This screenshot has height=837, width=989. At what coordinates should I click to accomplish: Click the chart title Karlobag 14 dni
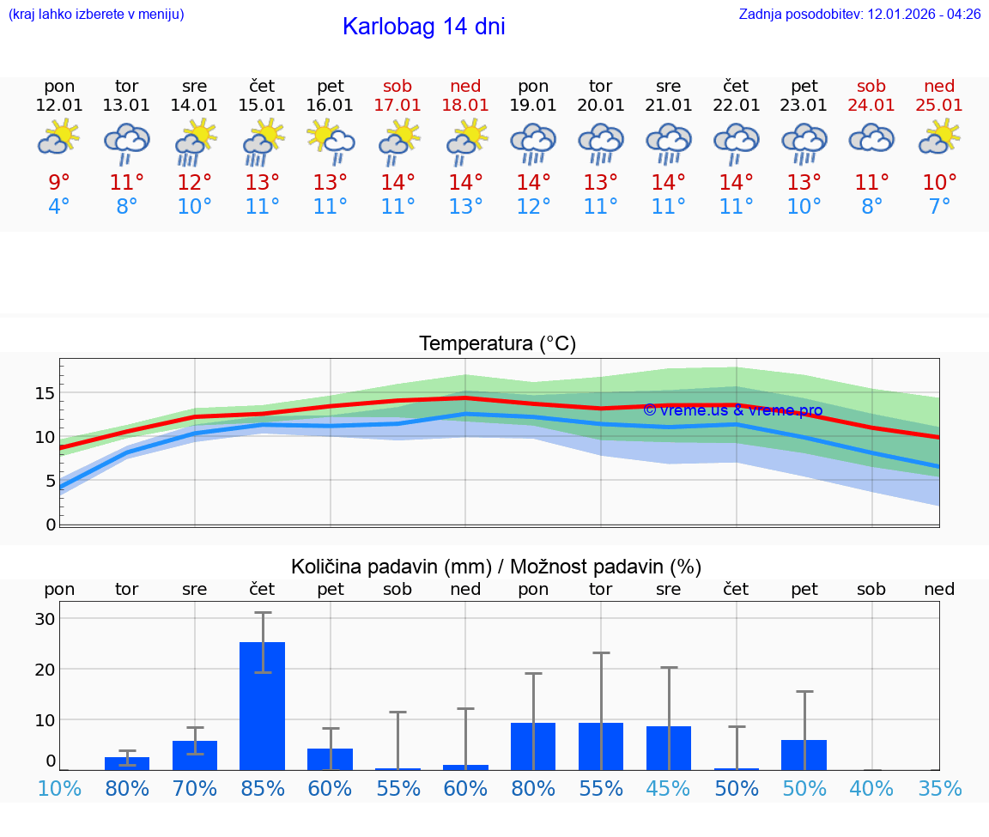click(423, 27)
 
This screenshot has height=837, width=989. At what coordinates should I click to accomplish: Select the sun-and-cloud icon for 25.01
click(939, 138)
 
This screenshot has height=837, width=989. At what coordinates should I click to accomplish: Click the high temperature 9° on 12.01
click(59, 183)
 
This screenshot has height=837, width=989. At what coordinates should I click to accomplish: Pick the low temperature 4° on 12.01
click(59, 207)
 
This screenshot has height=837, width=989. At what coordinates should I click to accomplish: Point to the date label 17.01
click(397, 105)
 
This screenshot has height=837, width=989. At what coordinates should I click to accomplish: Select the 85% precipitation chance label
click(263, 788)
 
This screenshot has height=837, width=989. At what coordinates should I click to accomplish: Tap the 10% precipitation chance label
click(59, 788)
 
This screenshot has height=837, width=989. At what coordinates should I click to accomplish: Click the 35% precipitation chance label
click(939, 788)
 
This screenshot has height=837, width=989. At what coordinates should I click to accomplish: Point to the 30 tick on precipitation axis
click(45, 619)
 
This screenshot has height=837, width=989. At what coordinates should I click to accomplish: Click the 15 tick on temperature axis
click(45, 393)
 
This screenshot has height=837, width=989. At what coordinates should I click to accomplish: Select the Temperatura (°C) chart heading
click(497, 344)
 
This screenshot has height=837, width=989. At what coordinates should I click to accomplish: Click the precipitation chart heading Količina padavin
click(496, 567)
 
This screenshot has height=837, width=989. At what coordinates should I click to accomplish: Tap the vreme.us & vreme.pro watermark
click(732, 410)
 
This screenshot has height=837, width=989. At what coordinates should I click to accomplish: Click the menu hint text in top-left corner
click(96, 15)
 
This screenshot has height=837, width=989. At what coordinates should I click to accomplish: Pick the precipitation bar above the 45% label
click(669, 748)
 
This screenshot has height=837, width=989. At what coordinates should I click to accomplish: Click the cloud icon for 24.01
click(871, 138)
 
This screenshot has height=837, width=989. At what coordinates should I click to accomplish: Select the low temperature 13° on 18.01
click(465, 207)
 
